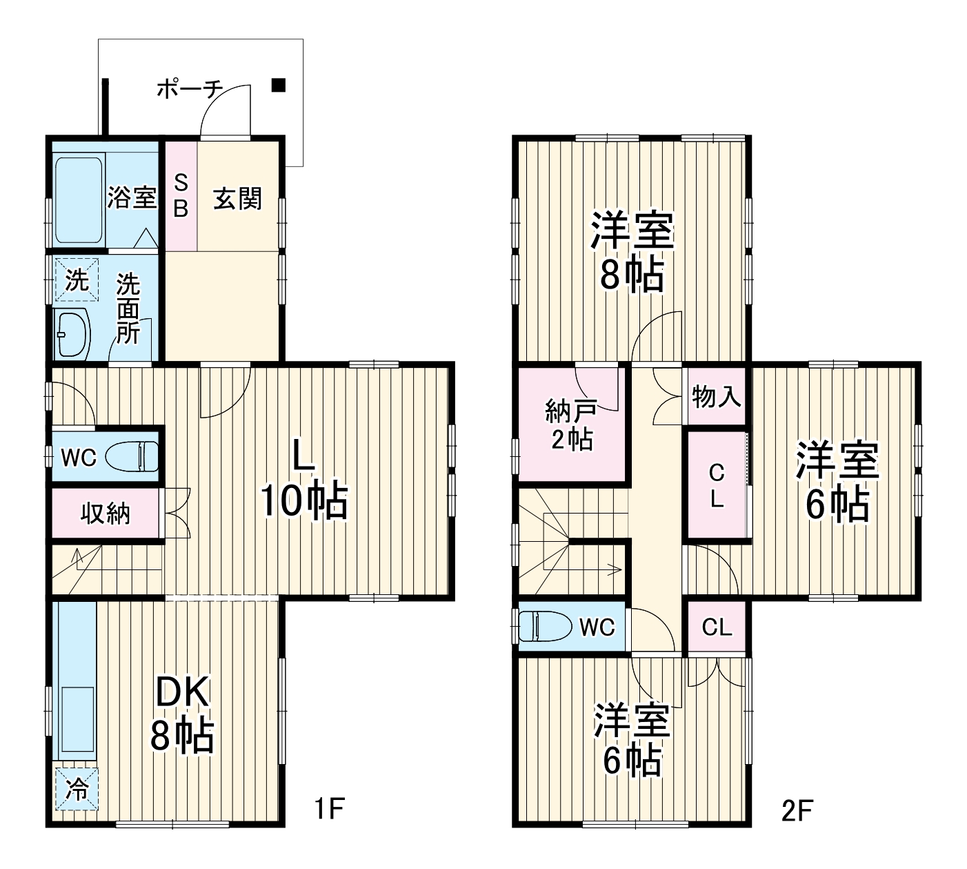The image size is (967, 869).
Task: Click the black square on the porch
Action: pos(278,85)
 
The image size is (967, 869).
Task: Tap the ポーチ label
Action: pos(189,90)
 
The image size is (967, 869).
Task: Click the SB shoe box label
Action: pos(180,196)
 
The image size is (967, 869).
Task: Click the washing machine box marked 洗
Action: pos(77,280)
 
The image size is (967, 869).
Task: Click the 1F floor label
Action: pos(329,809)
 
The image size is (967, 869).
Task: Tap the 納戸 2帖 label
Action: pos(570,424)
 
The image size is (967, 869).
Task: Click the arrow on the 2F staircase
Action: pos(612,569)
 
